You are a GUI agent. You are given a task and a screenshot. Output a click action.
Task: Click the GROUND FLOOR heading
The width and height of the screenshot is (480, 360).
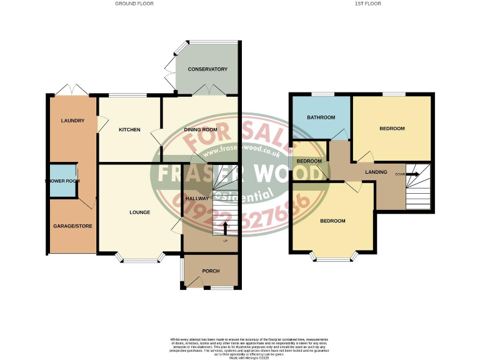(134, 4)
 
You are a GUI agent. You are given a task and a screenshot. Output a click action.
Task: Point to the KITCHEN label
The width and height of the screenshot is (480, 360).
(130, 130)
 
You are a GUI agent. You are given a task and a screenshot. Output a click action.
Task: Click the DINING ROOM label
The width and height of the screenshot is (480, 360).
(200, 130)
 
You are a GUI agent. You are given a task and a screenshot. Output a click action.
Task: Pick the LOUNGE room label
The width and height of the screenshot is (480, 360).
(139, 212)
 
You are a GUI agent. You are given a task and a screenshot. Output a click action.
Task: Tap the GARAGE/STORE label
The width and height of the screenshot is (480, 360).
(72, 226)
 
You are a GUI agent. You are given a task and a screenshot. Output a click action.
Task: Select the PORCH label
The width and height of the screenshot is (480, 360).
(211, 271)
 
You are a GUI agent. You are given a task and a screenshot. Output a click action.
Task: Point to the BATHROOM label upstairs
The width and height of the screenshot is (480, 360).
(321, 117)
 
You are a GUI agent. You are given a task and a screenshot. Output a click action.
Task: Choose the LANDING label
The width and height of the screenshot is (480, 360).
(376, 172)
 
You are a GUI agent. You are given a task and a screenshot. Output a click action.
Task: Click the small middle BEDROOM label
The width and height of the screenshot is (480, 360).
(309, 161)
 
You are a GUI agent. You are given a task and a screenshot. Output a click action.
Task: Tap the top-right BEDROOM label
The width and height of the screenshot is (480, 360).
(392, 129)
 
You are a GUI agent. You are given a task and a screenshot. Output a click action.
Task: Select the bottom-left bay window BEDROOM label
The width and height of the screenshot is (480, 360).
(333, 221)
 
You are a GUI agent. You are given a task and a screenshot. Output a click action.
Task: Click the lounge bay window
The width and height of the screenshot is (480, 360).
(139, 259)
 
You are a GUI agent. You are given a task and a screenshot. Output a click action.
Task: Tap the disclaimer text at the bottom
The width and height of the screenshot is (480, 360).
(240, 346)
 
